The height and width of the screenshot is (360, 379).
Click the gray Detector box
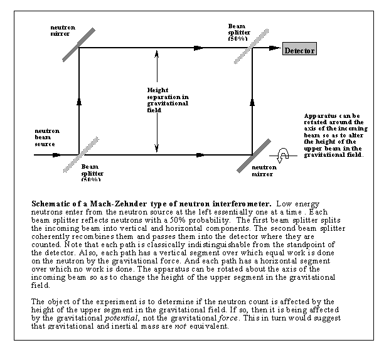299,50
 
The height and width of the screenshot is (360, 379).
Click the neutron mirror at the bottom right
252,154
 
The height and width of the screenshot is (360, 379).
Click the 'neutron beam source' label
46,139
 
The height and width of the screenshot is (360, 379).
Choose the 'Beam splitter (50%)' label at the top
241,31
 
